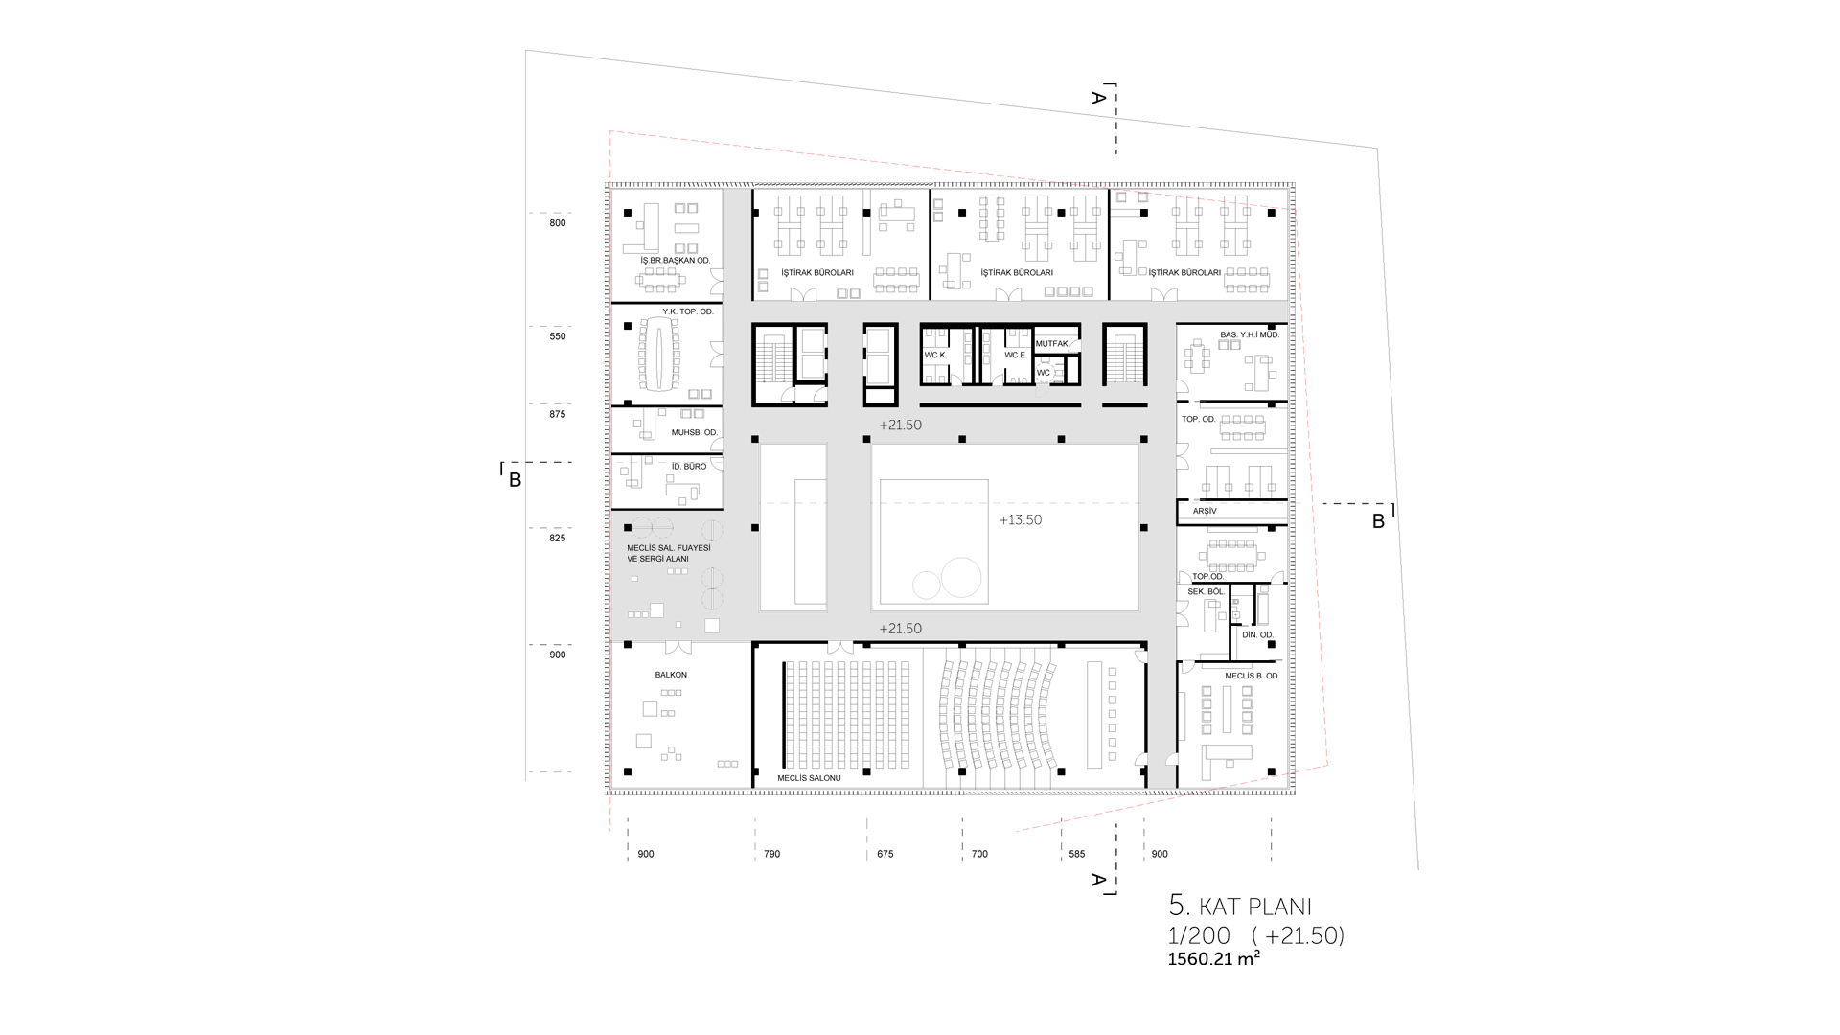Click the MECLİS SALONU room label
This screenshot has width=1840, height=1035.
[x=809, y=778]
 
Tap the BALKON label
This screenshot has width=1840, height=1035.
[x=671, y=675]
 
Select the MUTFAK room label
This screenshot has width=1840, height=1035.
[x=1051, y=343]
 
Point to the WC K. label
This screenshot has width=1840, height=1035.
[x=935, y=356]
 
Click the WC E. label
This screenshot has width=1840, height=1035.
[x=1016, y=356]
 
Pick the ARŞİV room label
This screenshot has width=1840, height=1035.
[x=1205, y=512]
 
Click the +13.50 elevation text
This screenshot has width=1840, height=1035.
[x=1021, y=520]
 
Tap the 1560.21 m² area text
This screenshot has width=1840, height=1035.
[x=1213, y=958]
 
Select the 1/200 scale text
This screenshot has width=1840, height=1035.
[x=1199, y=936]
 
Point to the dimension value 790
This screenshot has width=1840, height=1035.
[x=771, y=854]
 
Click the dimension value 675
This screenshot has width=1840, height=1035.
[x=885, y=854]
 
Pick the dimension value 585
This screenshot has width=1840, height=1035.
[x=1076, y=854]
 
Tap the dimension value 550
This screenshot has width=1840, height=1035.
[x=558, y=336]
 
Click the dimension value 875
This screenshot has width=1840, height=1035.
[x=558, y=415]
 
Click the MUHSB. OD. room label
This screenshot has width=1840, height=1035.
[x=695, y=433]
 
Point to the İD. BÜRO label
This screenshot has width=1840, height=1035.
[x=689, y=467]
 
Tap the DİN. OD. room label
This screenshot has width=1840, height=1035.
[x=1257, y=635]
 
